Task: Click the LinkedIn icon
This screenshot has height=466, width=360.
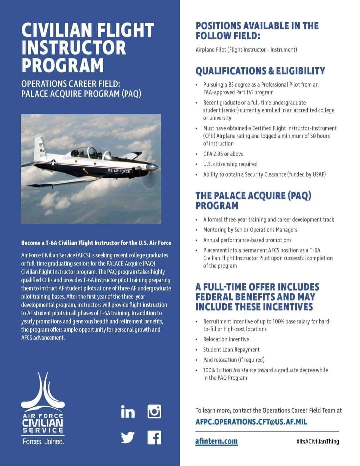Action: pyautogui.click(x=128, y=412)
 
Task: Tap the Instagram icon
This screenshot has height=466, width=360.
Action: pyautogui.click(x=154, y=412)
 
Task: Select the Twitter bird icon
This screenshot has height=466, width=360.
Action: pyautogui.click(x=128, y=437)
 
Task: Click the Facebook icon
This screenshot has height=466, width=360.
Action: pyautogui.click(x=154, y=437)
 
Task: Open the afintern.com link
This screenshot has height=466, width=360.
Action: pyautogui.click(x=216, y=441)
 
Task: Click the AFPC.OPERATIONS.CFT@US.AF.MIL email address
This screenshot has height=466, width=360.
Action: pyautogui.click(x=251, y=422)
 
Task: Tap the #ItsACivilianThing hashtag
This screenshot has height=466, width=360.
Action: pyautogui.click(x=317, y=441)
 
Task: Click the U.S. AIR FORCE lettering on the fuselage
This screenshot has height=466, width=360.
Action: pyautogui.click(x=119, y=171)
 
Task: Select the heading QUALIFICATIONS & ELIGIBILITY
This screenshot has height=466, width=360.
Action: pyautogui.click(x=260, y=71)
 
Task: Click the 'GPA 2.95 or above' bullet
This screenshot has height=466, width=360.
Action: pyautogui.click(x=223, y=154)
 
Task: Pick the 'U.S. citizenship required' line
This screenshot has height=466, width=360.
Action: pyautogui.click(x=230, y=164)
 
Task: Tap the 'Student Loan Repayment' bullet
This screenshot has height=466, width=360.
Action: pyautogui.click(x=231, y=350)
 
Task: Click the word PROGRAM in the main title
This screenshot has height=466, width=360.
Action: pyautogui.click(x=63, y=65)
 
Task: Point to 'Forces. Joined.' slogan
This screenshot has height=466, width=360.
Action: pyautogui.click(x=43, y=442)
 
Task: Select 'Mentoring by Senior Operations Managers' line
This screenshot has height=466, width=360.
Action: pyautogui.click(x=250, y=230)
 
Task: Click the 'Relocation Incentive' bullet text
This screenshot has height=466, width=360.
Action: pyautogui.click(x=226, y=339)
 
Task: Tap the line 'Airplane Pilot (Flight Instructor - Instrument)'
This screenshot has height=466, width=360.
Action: pyautogui.click(x=246, y=50)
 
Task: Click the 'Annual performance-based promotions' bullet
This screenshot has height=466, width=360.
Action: pyautogui.click(x=247, y=240)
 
